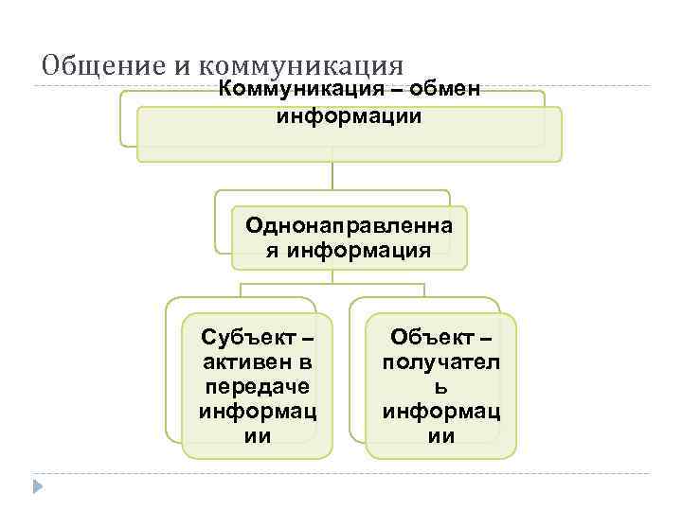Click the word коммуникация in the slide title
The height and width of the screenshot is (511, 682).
point(302,66)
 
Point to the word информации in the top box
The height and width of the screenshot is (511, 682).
point(349,118)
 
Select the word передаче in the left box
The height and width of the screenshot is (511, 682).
point(257,387)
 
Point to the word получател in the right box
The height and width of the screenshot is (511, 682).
point(441,362)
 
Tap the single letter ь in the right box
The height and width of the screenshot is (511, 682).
point(442,387)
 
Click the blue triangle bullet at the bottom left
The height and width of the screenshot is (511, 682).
point(38,487)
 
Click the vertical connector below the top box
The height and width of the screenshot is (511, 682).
point(332,176)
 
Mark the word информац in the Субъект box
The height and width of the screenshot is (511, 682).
point(257,412)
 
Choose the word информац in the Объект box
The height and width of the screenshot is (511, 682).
point(441,412)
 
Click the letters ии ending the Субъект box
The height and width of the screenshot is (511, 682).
point(258,436)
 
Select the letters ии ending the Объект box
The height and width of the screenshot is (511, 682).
point(442,436)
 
